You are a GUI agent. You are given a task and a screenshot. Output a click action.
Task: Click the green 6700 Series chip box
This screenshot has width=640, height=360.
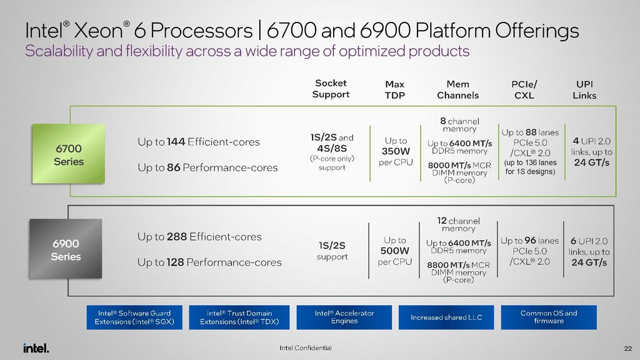coord(69,154)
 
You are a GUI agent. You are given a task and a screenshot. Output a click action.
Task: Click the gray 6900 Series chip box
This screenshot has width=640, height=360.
coord(66,249)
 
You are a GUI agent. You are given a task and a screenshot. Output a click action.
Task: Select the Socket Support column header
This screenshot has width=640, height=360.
coord(331,89)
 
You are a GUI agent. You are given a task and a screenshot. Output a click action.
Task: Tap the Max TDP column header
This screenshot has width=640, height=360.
coord(394,89)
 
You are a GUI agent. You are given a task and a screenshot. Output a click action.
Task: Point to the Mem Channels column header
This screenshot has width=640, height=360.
coord(459,89)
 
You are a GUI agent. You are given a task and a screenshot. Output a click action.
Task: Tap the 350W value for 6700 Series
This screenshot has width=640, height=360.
coord(395,151)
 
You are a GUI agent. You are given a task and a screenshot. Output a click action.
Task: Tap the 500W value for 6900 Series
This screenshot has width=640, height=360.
coord(395,251)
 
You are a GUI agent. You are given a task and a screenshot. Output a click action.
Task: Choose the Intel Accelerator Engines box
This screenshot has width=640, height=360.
coord(344,317)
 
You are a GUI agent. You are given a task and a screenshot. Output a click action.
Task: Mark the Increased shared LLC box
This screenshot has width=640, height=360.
coord(446,317)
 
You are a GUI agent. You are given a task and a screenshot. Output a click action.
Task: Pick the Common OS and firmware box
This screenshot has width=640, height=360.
coord(548,317)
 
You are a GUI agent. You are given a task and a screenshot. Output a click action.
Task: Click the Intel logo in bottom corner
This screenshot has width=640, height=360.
coord(36,348)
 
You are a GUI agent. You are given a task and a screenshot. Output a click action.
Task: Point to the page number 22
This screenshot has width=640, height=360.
coord(627,348)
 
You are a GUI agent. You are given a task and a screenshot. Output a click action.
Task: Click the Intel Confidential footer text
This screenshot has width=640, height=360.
coord(306,348)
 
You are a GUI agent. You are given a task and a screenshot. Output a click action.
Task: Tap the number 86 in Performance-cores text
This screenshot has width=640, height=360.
coord(174,167)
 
